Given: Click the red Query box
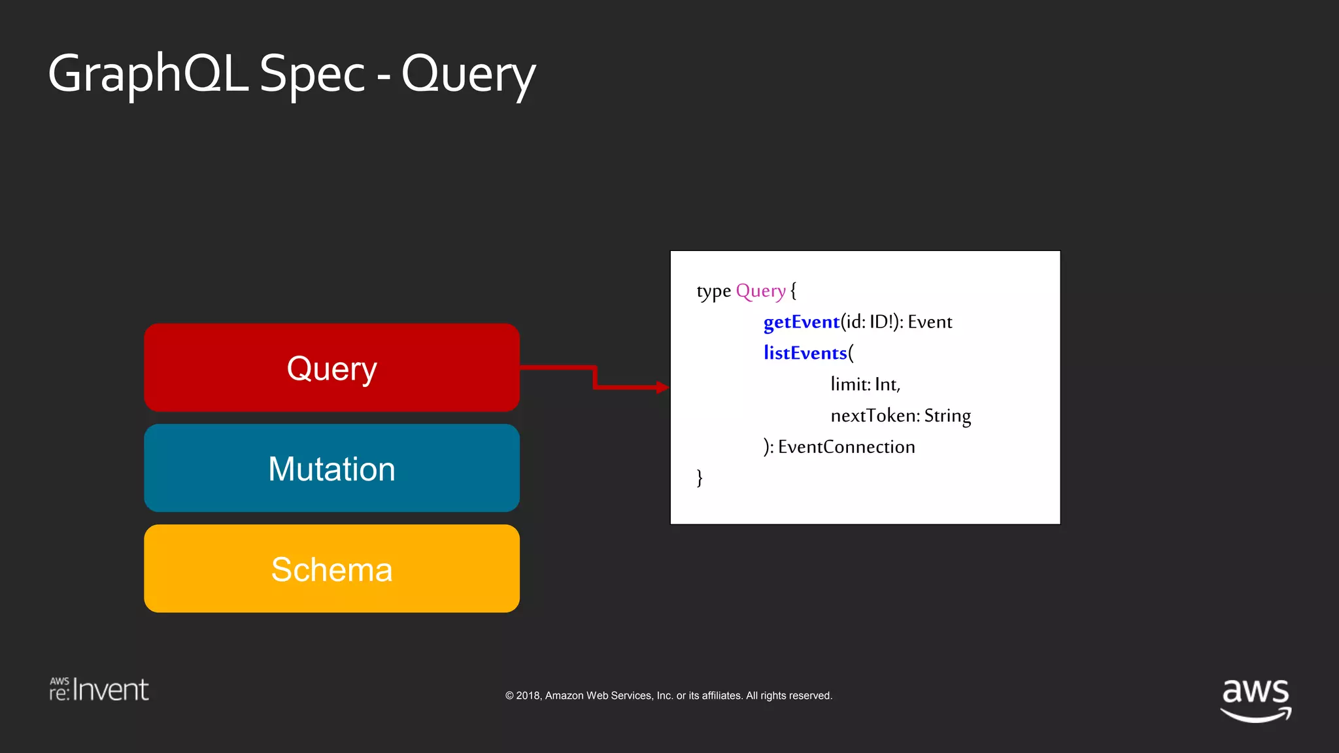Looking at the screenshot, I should (331, 368).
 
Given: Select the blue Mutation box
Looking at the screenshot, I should (331, 468).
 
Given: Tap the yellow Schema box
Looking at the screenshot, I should (331, 569).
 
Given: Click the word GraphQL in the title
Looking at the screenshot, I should (148, 74).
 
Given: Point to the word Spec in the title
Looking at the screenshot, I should (312, 74).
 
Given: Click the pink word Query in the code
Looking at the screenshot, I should (760, 291).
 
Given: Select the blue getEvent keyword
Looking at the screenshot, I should (801, 322).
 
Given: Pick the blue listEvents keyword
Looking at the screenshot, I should (805, 353).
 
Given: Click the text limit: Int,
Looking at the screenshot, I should (865, 384).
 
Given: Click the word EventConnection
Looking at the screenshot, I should (846, 447).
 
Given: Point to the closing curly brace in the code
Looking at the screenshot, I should (700, 478).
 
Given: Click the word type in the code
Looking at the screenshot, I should (713, 292).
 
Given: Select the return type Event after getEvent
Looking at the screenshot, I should (930, 322).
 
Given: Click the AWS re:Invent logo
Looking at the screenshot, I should (99, 690).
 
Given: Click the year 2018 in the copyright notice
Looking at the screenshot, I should (528, 695).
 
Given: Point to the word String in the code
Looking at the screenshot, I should (947, 416).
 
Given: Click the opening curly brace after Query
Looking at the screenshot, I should (793, 291).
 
